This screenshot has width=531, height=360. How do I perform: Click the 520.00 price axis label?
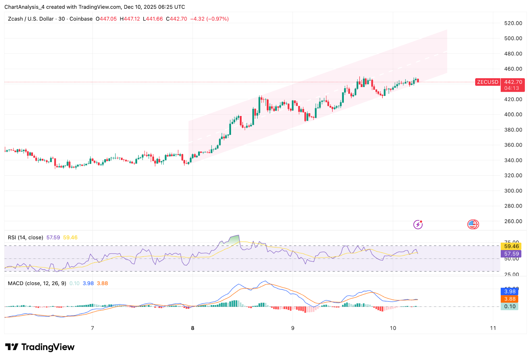(513, 23)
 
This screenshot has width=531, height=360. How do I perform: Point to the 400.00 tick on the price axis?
(513, 114)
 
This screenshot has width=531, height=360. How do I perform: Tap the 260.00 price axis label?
(513, 221)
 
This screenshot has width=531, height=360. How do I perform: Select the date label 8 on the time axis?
(192, 328)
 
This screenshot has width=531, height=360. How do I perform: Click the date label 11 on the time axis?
(493, 328)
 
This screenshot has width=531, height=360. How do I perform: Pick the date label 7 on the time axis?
(93, 328)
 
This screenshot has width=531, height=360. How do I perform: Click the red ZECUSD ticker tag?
(488, 82)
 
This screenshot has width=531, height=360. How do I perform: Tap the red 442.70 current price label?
(513, 82)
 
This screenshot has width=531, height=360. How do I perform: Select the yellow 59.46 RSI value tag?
(511, 246)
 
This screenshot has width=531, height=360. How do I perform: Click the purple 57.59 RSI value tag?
(511, 254)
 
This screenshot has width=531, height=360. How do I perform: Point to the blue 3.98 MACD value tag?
(510, 291)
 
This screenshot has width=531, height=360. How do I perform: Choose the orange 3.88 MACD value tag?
(510, 299)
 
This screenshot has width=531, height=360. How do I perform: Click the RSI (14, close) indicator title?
(26, 238)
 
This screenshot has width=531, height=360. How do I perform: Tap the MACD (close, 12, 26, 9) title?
(37, 283)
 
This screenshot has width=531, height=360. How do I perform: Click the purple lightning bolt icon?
(418, 225)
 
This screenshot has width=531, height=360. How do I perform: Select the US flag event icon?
(473, 225)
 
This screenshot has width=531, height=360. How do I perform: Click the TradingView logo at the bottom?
(40, 347)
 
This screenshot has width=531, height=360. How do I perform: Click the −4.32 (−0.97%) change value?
(209, 19)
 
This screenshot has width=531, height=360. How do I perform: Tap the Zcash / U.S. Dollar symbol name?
(31, 19)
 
